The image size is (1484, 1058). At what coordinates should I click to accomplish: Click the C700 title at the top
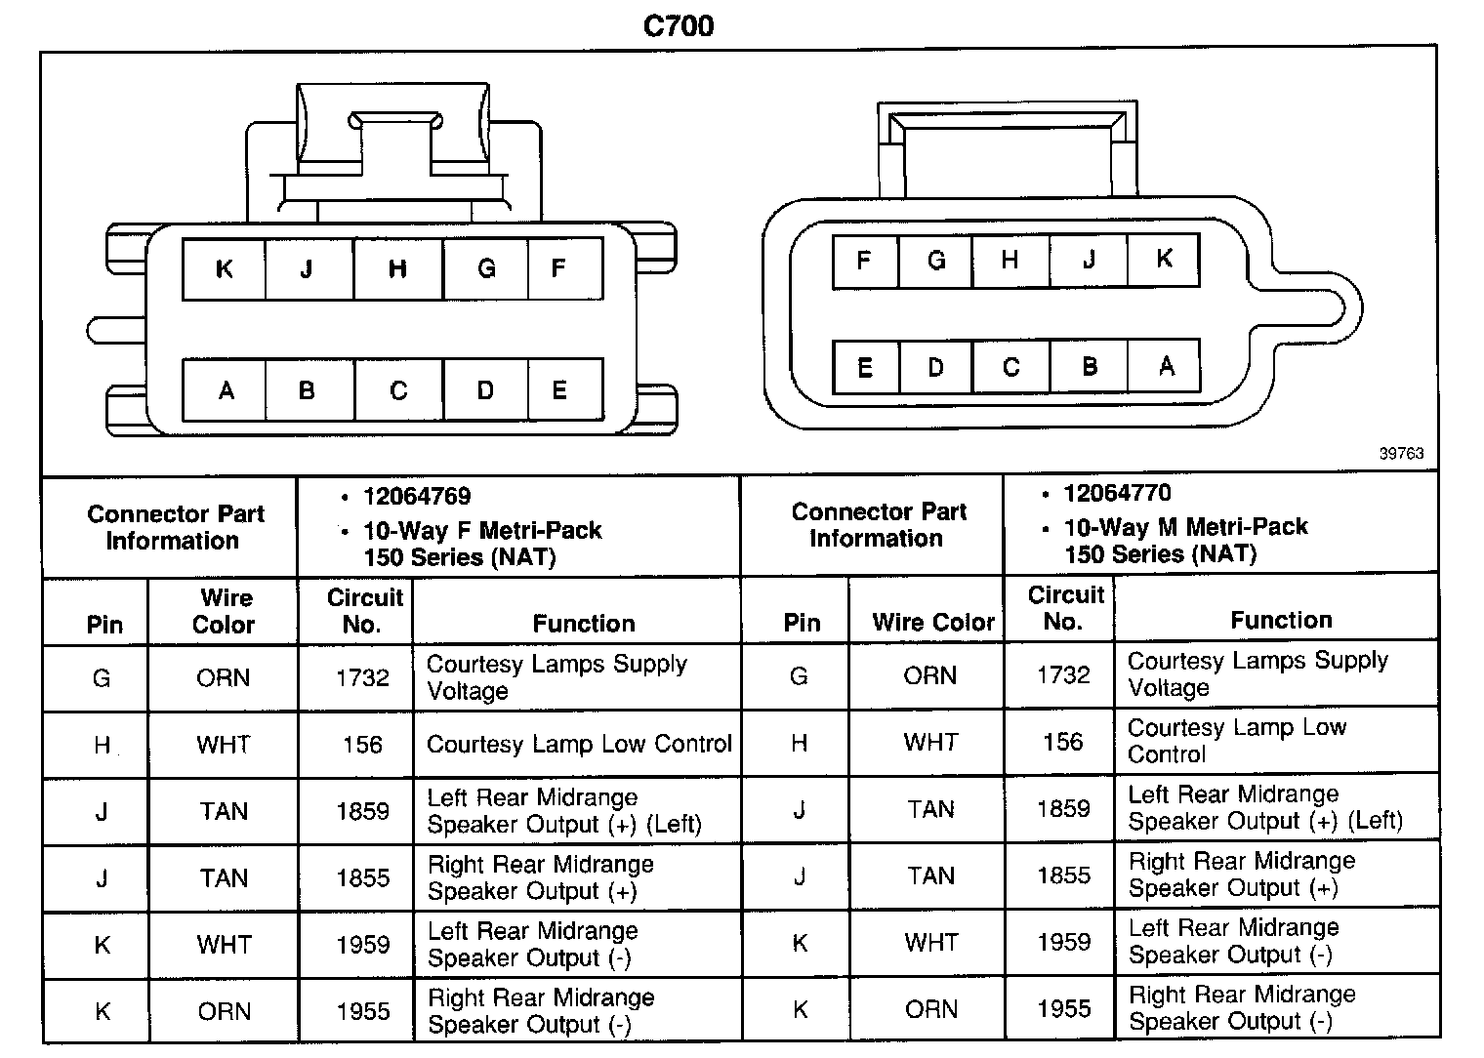click(679, 26)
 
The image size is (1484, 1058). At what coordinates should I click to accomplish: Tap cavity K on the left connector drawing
click(224, 268)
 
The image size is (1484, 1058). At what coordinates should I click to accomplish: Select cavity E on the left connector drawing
click(560, 390)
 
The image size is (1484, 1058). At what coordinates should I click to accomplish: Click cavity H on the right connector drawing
click(1010, 260)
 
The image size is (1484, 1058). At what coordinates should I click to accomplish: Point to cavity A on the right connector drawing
click(1167, 366)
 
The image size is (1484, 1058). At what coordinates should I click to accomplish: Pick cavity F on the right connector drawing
click(863, 261)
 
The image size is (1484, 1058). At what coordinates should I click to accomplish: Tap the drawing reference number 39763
click(1401, 453)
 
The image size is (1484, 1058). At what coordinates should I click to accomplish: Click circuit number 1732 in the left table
click(362, 677)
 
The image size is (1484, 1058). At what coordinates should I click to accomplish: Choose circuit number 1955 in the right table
click(1063, 1008)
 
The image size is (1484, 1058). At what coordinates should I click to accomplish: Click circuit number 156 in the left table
click(362, 745)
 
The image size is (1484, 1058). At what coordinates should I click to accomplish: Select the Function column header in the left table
click(584, 624)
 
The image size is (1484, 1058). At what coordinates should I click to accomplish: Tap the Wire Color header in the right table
click(933, 622)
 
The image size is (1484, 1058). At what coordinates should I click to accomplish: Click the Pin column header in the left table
click(104, 625)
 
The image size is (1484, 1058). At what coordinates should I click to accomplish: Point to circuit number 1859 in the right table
click(1063, 808)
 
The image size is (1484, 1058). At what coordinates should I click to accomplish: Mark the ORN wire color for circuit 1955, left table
click(224, 1011)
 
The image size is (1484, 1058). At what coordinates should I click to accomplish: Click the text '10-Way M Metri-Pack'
click(1185, 527)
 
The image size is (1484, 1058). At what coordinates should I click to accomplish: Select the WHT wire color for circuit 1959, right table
click(930, 942)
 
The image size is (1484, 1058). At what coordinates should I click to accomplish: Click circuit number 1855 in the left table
click(362, 877)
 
